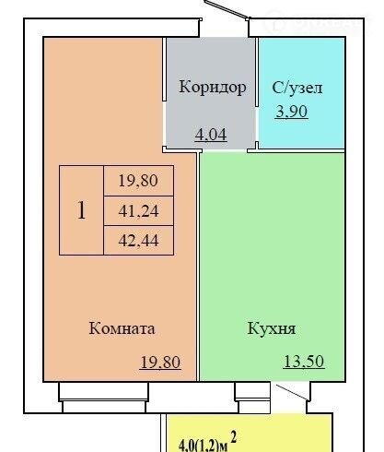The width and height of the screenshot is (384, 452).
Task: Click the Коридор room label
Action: tap(213, 88)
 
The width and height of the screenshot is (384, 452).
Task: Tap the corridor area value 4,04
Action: tap(211, 135)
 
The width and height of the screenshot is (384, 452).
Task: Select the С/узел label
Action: tap(297, 88)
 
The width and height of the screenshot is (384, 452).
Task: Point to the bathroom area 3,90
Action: tap(291, 112)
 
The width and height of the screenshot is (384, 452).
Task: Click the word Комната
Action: tap(122, 328)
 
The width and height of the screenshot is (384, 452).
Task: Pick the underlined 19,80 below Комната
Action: tap(160, 363)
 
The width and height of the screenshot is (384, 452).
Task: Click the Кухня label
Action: tap(272, 328)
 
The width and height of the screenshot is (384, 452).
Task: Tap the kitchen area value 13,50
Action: tap(304, 362)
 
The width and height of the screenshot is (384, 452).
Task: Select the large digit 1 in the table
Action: tap(81, 210)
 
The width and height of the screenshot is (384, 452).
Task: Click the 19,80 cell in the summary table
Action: tap(138, 181)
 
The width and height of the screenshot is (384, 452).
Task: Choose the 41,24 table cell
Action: tap(138, 210)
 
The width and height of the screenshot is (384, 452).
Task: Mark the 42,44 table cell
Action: tap(138, 240)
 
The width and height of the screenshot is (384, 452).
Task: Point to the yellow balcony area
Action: tap(249, 433)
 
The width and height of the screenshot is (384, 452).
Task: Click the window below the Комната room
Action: tap(104, 397)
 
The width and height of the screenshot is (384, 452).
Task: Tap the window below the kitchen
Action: tap(252, 398)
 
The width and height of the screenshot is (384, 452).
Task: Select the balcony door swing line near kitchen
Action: tap(292, 392)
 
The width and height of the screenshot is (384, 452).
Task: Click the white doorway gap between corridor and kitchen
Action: tap(225, 150)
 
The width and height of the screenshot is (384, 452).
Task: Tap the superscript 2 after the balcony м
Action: tap(234, 437)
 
